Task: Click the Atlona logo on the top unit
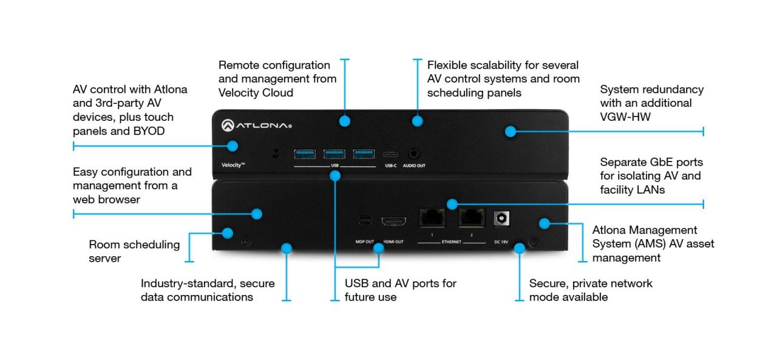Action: pyautogui.click(x=256, y=126)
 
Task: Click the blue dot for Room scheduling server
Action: pyautogui.click(x=228, y=233)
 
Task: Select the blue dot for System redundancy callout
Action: pyautogui.click(x=511, y=131)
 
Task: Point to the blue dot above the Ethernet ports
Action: pyautogui.click(x=452, y=204)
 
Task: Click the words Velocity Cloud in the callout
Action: pyautogui.click(x=256, y=93)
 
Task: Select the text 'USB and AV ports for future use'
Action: pyautogui.click(x=400, y=290)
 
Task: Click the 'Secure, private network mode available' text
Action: pyautogui.click(x=590, y=290)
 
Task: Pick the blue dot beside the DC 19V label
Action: pyautogui.click(x=519, y=248)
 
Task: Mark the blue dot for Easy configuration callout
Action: pyautogui.click(x=257, y=214)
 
